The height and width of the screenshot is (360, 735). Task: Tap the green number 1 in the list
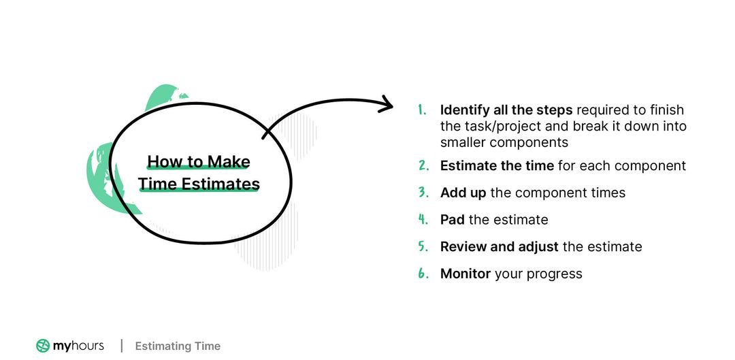(x=422, y=110)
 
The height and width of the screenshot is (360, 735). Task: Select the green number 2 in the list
(x=423, y=165)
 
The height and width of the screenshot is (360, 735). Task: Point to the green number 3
(x=423, y=193)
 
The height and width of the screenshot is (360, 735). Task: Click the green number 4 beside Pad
(x=423, y=219)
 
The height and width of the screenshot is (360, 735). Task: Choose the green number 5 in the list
(x=423, y=246)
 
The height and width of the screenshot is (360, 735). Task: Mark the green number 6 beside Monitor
(x=423, y=274)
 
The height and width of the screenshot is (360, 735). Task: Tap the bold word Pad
(x=452, y=219)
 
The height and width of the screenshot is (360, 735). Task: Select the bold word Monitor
(x=465, y=274)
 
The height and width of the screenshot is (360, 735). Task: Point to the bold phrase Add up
(x=463, y=193)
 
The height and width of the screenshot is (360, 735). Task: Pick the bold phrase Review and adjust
(x=499, y=246)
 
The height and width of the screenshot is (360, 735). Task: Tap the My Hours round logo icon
(x=43, y=346)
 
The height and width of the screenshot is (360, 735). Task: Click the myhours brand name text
(x=78, y=346)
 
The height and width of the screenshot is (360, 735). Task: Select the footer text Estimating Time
(x=178, y=346)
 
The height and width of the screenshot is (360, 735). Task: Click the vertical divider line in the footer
(x=122, y=346)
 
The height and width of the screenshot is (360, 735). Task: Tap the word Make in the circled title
(x=229, y=162)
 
